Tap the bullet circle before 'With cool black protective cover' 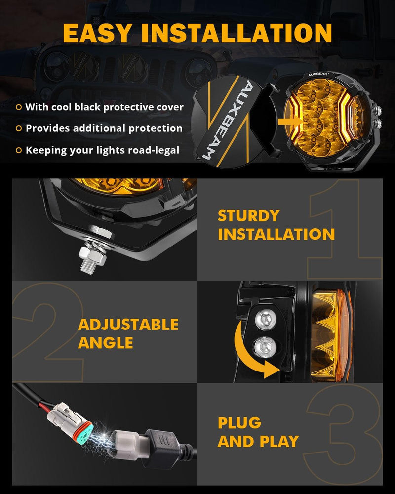click(19, 107)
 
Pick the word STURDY click(248, 216)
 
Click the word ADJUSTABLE click(128, 325)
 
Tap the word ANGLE click(106, 343)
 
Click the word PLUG click(239, 423)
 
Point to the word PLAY click(279, 441)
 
